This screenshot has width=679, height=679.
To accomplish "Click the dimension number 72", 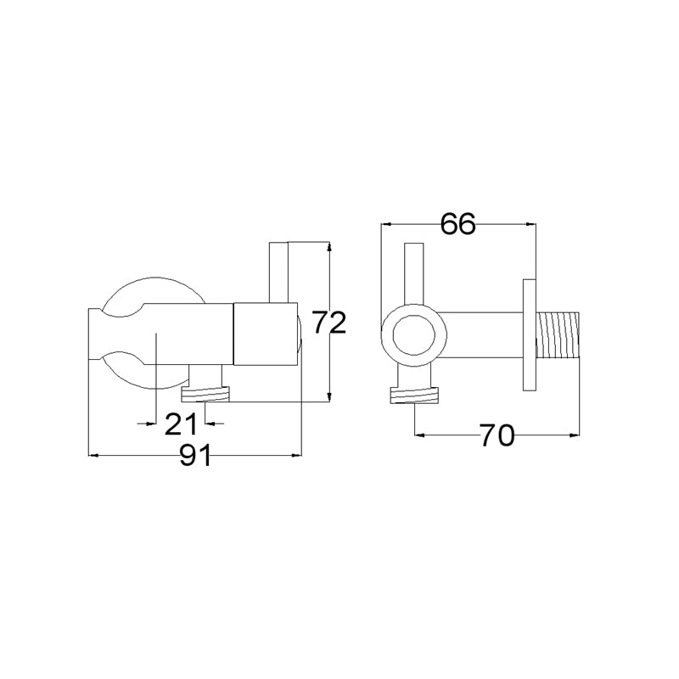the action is click(x=329, y=323).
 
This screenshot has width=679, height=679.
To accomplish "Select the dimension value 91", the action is click(x=196, y=455).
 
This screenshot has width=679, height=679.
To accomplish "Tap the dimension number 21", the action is click(x=181, y=424).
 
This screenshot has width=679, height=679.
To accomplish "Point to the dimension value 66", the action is click(x=457, y=224).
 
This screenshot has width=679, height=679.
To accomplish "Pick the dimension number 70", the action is click(x=497, y=435).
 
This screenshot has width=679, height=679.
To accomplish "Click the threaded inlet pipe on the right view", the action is click(x=558, y=334).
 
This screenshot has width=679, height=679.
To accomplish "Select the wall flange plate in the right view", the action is click(x=529, y=334).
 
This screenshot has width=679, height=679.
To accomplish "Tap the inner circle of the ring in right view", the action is click(x=413, y=335).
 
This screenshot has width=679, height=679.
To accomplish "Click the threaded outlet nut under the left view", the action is click(x=205, y=394).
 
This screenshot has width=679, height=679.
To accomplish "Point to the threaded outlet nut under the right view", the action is click(x=415, y=395).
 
